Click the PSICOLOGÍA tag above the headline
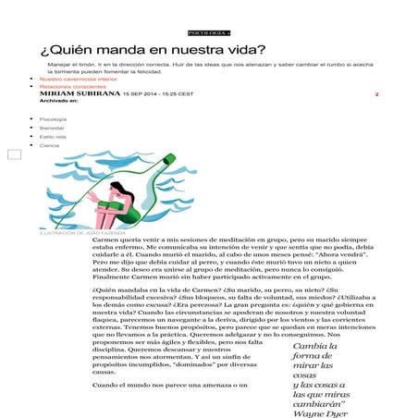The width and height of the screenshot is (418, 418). coord(208,32)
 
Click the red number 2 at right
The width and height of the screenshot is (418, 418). coord(376,95)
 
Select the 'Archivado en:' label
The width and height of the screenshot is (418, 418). coord(59,101)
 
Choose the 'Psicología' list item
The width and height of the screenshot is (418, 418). coord(54,119)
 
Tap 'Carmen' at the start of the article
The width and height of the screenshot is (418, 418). coord(106,240)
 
